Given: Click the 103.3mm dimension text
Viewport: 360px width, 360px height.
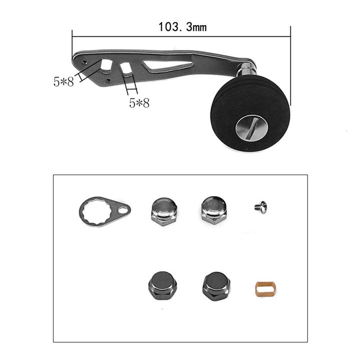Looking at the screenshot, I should pyautogui.click(x=183, y=27).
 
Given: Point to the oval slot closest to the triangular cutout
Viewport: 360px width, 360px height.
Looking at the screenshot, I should pyautogui.click(x=125, y=68).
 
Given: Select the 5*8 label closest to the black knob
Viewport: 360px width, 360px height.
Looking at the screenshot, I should pyautogui.click(x=139, y=103).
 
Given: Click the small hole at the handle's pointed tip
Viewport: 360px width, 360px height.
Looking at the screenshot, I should pyautogui.click(x=84, y=62).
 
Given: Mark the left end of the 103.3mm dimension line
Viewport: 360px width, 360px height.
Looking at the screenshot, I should pyautogui.click(x=72, y=36).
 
